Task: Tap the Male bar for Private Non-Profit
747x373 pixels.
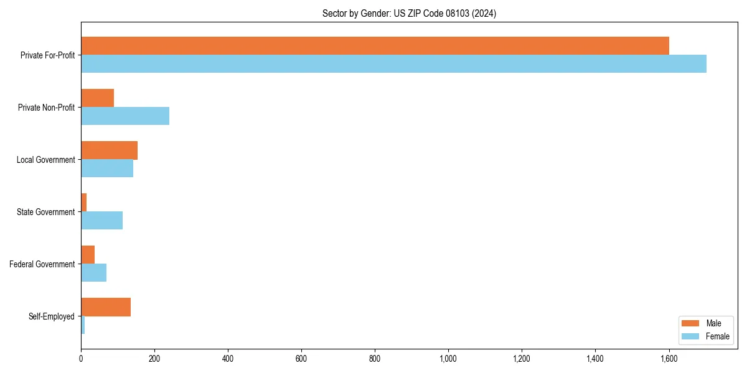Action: tap(97, 98)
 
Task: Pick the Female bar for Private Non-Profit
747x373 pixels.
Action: tap(125, 116)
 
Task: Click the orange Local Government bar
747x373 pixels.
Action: tap(109, 150)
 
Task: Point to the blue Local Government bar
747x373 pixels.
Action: tap(107, 168)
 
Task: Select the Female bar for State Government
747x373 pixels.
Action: tap(101, 220)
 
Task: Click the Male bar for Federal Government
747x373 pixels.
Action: tap(88, 255)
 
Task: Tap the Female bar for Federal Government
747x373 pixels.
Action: tap(93, 272)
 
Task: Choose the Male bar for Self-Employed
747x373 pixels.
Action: tap(106, 307)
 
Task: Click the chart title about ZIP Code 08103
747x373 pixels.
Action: tap(409, 13)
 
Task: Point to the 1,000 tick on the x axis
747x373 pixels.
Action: tap(448, 358)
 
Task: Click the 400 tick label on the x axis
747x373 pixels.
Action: tap(228, 358)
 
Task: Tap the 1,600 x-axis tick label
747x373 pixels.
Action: tap(669, 358)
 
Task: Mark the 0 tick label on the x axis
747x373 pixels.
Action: tap(81, 358)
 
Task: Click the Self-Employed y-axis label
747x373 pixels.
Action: tap(52, 316)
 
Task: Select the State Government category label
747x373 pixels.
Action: tap(46, 212)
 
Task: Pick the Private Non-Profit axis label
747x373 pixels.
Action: tap(47, 108)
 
